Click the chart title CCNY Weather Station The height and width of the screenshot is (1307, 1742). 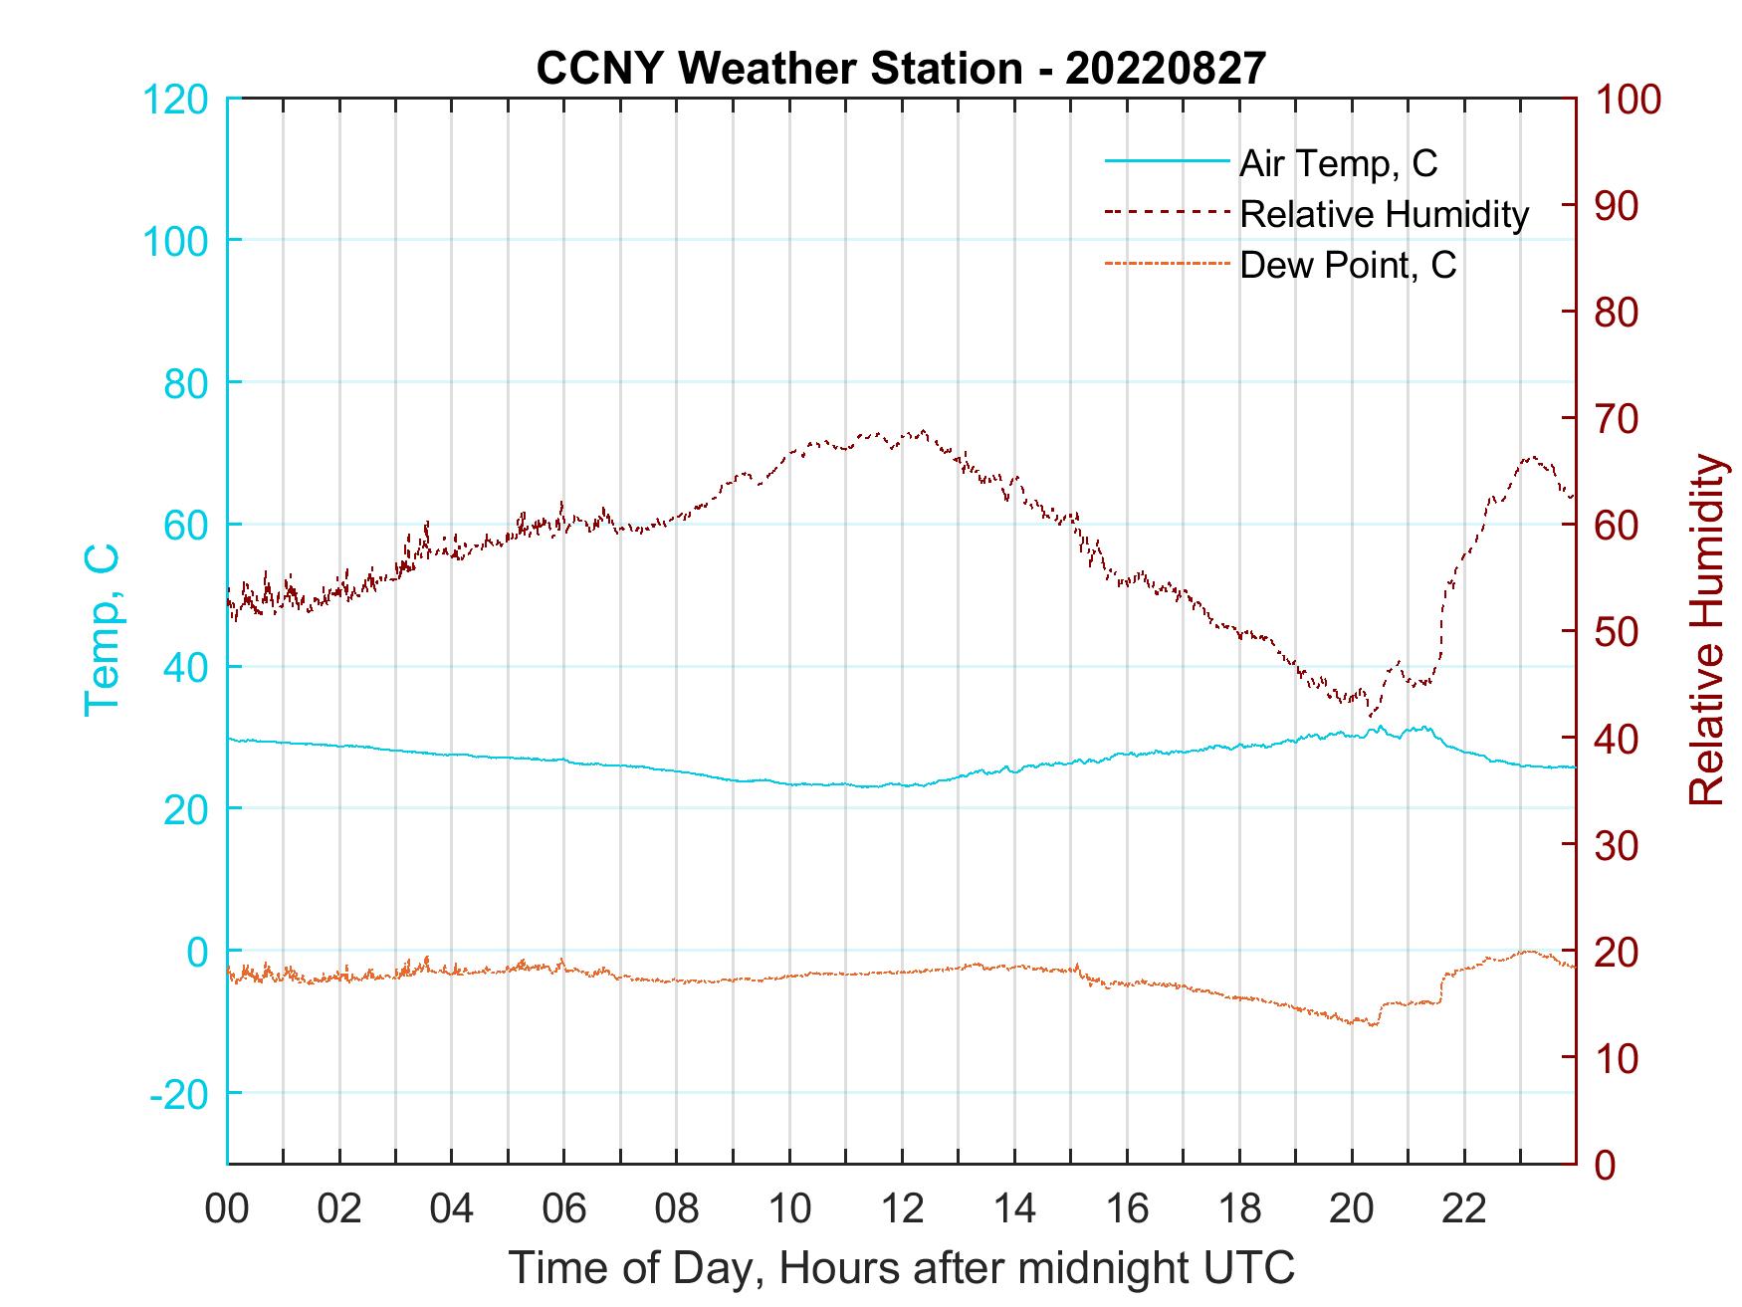901,68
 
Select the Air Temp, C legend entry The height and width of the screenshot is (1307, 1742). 1338,162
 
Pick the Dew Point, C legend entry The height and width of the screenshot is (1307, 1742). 1348,265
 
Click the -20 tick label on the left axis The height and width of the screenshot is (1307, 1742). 179,1094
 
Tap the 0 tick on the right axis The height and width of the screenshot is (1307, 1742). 1607,1164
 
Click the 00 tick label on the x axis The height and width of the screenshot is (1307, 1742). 227,1209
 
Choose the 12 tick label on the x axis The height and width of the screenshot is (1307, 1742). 902,1209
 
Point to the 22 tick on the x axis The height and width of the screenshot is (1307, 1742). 1464,1209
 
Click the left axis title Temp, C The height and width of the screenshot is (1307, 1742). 102,629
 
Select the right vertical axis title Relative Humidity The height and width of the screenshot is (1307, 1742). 1706,629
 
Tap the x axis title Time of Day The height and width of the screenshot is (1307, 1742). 902,1267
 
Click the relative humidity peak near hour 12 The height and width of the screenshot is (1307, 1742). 924,431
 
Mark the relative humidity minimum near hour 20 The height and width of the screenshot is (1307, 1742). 1372,715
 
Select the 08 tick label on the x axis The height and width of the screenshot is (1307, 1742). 677,1209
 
